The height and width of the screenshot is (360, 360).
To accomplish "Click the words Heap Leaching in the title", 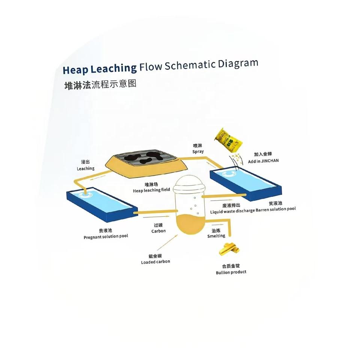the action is point(99,69).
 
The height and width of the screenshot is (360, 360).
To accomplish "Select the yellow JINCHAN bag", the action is point(229,140).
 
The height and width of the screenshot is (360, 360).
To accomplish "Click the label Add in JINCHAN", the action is point(266,160).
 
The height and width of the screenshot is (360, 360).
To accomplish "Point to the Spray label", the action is point(198,151).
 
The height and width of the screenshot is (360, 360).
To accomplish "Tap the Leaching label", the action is point(85,168).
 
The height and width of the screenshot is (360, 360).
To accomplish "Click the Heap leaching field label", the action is point(151,190).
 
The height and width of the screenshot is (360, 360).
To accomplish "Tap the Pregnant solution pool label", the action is point(106,237).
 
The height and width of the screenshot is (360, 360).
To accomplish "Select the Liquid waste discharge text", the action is point(232,212).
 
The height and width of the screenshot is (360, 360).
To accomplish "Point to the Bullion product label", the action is point(231,272).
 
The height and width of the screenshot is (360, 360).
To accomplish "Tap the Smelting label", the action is point(216,236).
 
